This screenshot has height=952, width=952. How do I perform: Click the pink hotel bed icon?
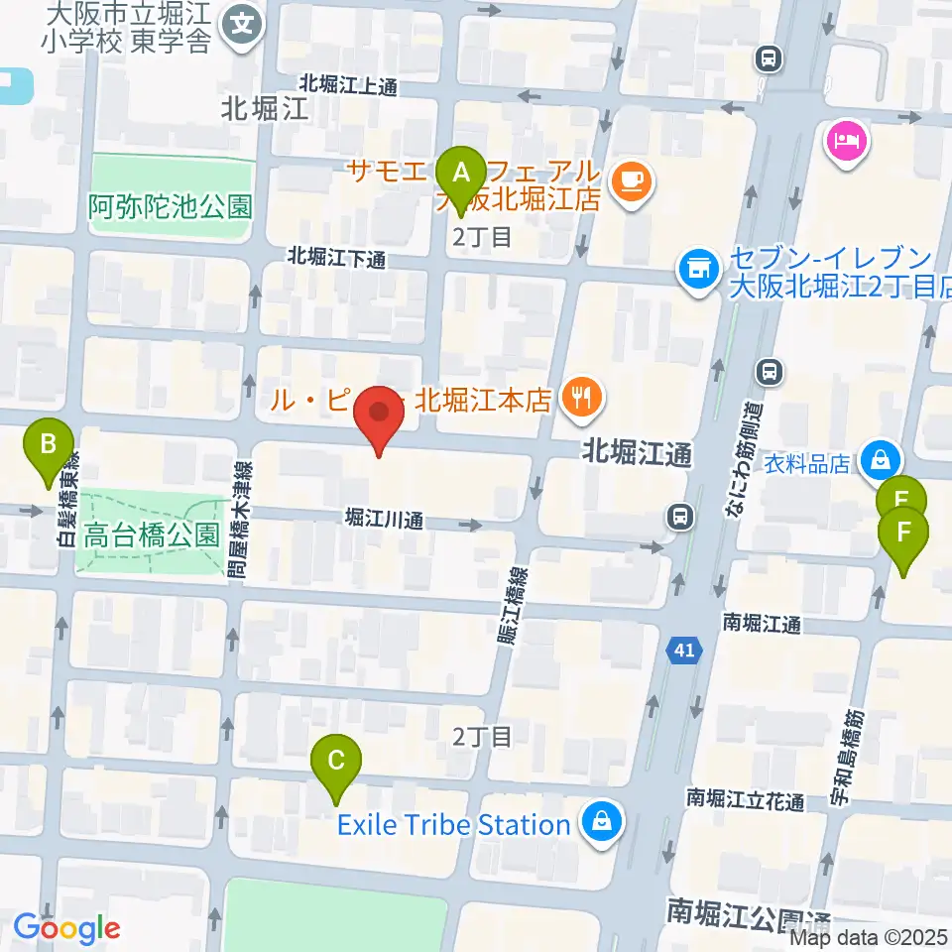(846, 141)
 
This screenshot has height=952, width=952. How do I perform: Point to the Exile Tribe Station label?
(454, 824)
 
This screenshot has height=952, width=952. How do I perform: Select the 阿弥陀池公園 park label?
(171, 206)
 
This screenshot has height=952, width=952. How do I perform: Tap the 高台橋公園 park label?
(151, 536)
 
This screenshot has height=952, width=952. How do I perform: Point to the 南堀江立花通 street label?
(746, 799)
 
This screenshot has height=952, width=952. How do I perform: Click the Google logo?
(66, 928)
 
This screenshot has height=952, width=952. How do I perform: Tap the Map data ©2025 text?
(870, 935)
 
